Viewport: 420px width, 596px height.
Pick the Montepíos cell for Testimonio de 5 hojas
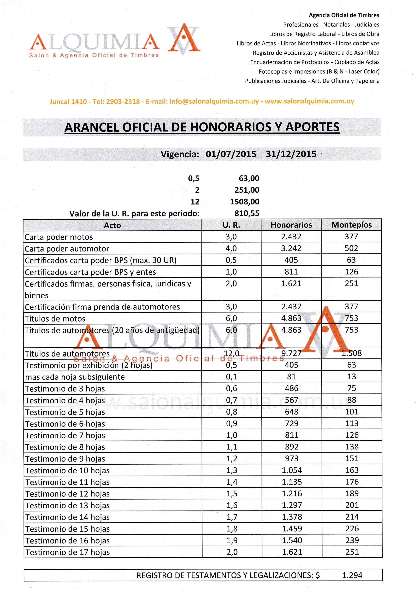352,412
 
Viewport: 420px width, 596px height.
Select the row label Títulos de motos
55,319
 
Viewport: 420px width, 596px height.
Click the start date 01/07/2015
231,154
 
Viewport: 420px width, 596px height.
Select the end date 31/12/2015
291,154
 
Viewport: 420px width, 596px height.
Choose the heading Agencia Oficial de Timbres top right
344,15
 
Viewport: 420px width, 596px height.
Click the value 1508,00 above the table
244,202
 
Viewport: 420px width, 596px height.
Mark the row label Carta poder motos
59,237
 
